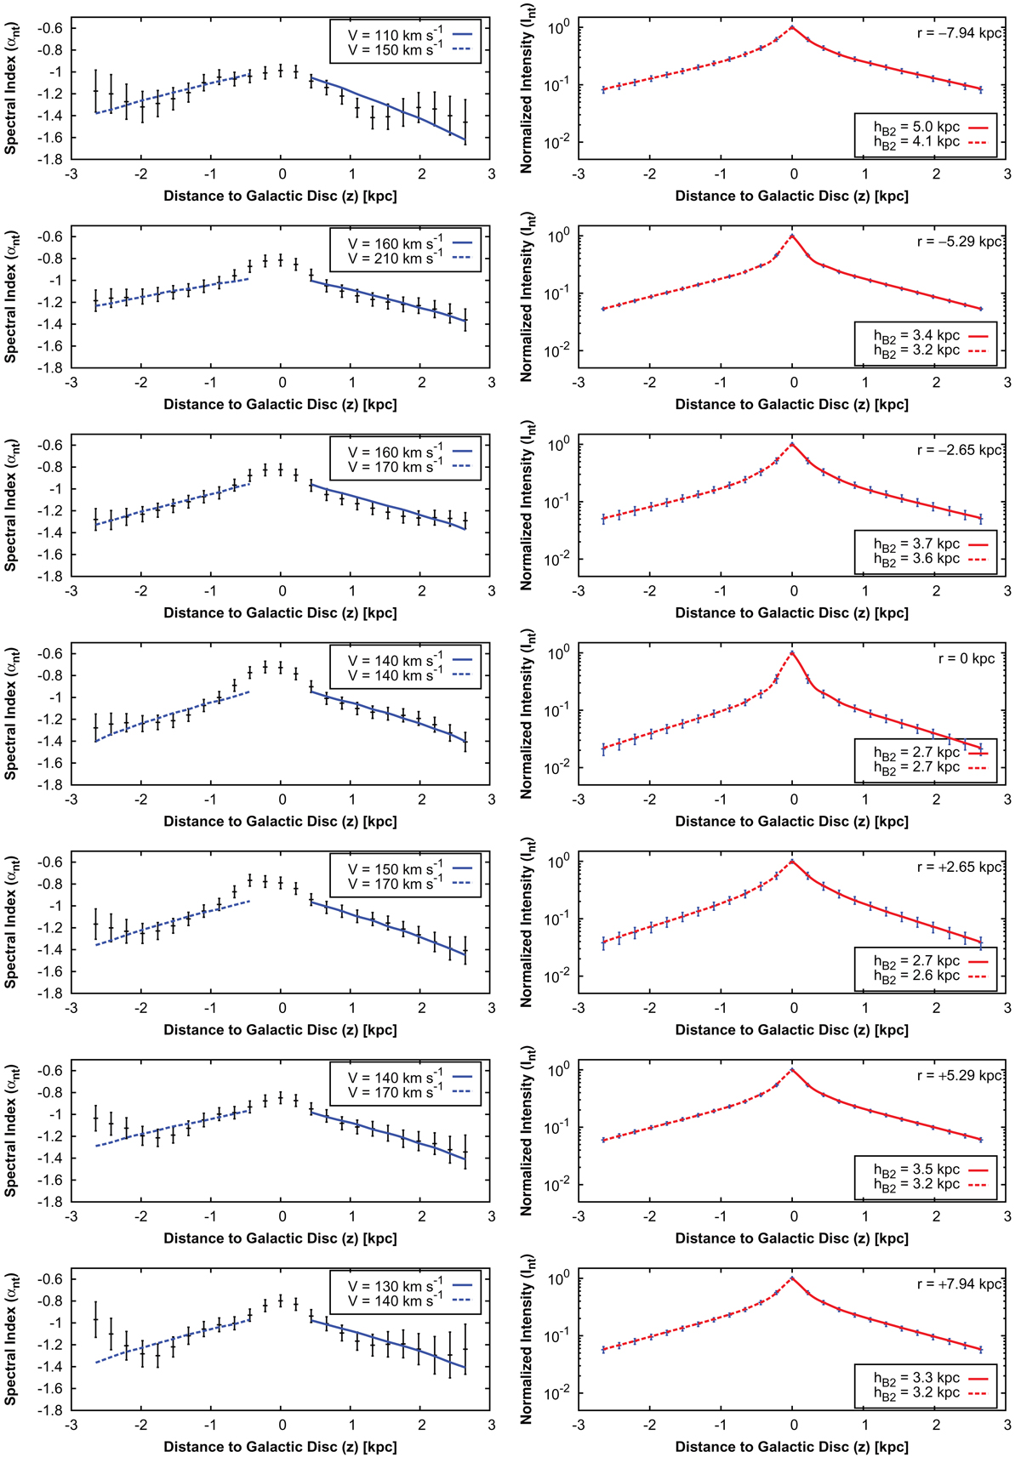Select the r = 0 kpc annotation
[966, 659]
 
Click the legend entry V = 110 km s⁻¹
[395, 35]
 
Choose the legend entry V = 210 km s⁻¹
[395, 259]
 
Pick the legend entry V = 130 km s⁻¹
[395, 1286]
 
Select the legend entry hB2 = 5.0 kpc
[916, 128]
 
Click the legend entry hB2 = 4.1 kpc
[916, 143]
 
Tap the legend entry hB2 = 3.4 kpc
[916, 336]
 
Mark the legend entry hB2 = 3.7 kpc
[916, 544]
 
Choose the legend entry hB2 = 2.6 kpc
[916, 976]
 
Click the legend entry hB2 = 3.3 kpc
[916, 1378]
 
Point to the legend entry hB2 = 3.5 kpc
[916, 1170]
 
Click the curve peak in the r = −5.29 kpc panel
[793, 236]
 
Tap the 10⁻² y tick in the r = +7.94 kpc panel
[558, 1393]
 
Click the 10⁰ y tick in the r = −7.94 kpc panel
[558, 28]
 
